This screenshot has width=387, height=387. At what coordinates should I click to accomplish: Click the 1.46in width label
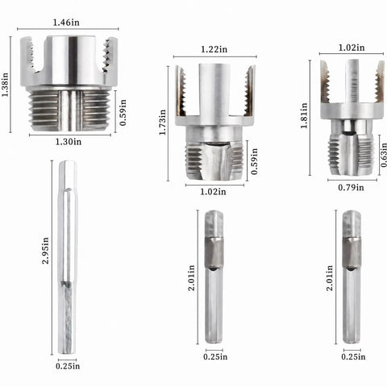66,23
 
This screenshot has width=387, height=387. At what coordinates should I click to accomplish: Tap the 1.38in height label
5,85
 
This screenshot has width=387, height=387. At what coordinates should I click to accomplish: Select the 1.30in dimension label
69,142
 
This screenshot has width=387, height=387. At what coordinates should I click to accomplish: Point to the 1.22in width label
214,49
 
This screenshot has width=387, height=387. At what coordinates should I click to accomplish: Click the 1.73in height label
163,123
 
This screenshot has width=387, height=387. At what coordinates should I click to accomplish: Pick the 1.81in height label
304,115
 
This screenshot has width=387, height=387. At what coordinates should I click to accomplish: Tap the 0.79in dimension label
351,187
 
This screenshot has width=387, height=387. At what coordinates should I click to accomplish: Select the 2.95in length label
45,251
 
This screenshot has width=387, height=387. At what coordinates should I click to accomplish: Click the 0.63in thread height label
384,155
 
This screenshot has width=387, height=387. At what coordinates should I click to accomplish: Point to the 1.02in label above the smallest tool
352,48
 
